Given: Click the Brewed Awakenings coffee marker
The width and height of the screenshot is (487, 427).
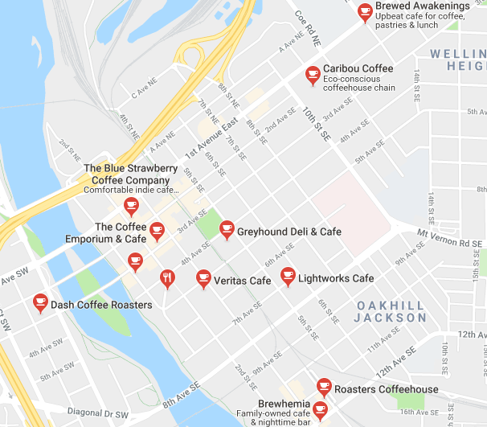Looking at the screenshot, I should pos(366,11).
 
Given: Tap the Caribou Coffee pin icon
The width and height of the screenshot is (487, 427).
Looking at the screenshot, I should pos(313,76).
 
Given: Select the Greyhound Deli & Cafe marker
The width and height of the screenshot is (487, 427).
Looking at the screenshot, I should pos(226,231).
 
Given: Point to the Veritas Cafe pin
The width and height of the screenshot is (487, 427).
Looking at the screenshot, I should pos(203,279).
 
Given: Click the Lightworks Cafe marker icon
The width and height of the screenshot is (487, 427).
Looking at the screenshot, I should pos(288,277).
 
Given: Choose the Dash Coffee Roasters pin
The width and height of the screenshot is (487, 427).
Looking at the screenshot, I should pos(40,303).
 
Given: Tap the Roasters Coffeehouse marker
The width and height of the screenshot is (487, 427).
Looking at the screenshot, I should pos(324,388).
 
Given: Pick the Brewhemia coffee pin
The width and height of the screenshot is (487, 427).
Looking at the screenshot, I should pos(320,411).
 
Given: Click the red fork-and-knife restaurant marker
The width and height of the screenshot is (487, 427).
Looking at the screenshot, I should pos(166,278).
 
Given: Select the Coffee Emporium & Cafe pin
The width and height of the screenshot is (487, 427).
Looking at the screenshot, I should pos(157,231).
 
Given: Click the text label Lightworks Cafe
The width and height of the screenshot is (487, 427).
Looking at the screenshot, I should pos(336,279).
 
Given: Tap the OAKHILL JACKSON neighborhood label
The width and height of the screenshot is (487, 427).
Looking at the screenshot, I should pos(391,312).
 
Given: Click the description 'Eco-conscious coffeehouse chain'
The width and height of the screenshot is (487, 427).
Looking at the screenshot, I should pos(359,83).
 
